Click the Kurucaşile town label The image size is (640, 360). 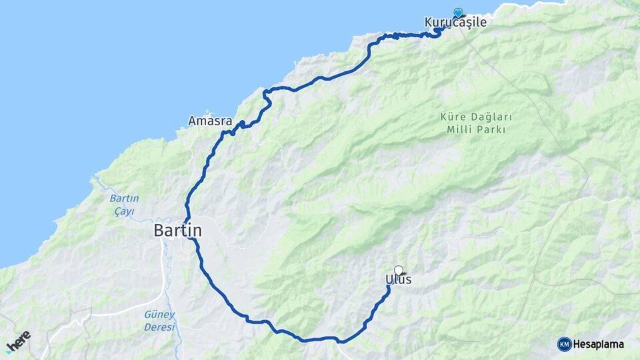tap(455, 23)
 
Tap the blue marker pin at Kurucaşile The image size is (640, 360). tap(458, 13)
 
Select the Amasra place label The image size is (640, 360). tap(210, 121)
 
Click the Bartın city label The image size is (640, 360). tap(177, 231)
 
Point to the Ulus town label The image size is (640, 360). tap(398, 279)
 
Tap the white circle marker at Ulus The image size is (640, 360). tap(399, 270)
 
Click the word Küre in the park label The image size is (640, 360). tap(451, 117)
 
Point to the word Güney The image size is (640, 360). tap(159, 315)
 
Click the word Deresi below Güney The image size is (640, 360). tap(159, 327)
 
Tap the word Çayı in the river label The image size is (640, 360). tap(123, 211)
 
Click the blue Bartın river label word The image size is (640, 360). tap(123, 199)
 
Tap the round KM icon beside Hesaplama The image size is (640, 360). tap(564, 344)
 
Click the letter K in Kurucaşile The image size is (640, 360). tap(429, 23)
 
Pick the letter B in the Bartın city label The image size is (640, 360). tap(159, 231)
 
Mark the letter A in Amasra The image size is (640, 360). tap(192, 121)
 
